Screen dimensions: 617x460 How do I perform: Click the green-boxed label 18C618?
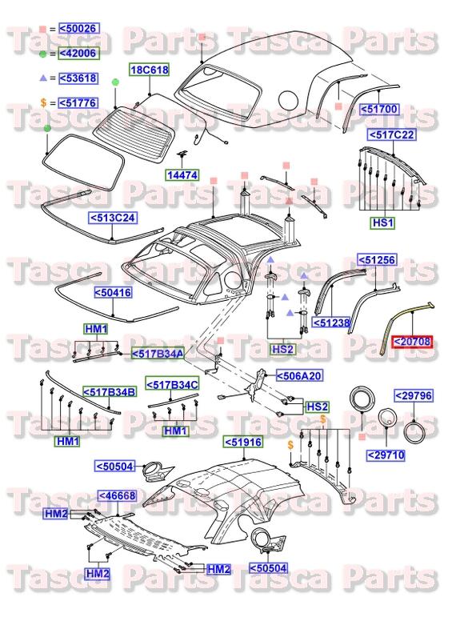tap(150, 70)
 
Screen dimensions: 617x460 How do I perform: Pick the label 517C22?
tap(391, 135)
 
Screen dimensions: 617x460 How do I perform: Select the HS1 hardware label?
tap(381, 223)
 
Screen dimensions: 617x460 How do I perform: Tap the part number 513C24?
tap(112, 217)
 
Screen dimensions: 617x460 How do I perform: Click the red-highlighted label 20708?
tap(411, 342)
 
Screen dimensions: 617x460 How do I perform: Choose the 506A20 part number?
tap(299, 375)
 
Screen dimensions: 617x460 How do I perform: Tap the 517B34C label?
tap(172, 385)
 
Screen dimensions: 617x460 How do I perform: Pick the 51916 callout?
tap(242, 441)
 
